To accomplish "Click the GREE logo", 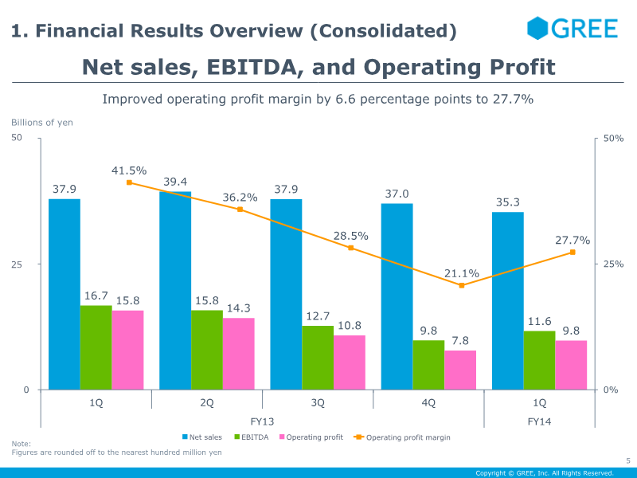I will point(573,29).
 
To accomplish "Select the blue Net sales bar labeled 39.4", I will point(175,291).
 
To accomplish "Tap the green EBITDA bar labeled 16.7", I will point(96,347).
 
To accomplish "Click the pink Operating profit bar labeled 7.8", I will point(460,370).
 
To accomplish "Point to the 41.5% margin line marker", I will point(129,182).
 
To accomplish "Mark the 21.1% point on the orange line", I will point(462,285).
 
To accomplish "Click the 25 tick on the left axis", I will point(25,264).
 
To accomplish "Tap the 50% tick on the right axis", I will point(614,139).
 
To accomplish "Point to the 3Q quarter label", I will point(318,403).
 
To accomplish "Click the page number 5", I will point(627,460).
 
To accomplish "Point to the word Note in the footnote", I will point(20,444).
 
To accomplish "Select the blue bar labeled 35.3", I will point(508,301).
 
